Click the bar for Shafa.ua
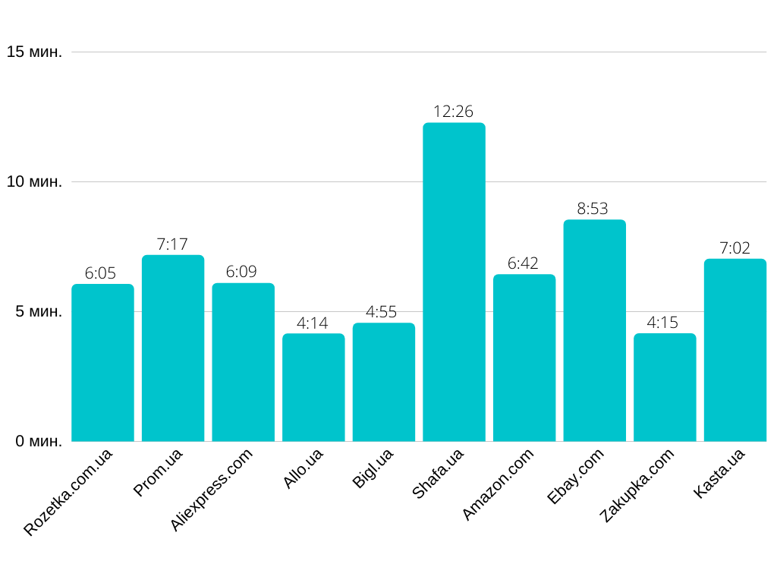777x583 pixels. [x=454, y=282]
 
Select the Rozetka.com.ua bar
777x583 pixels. [x=102, y=362]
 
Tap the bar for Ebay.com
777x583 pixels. [x=594, y=330]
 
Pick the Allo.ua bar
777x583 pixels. [x=313, y=387]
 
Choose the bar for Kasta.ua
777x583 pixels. [x=735, y=350]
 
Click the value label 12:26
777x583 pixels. [x=454, y=112]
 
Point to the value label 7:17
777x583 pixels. [x=172, y=244]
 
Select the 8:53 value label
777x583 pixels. [x=593, y=209]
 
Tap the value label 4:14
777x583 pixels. [x=313, y=323]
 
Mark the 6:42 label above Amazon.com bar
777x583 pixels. [x=524, y=263]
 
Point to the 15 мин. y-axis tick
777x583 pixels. [x=34, y=52]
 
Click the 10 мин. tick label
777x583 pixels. [x=34, y=182]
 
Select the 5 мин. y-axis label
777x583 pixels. [x=38, y=312]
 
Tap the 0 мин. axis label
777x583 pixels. [x=38, y=441]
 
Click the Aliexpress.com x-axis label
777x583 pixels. [x=211, y=490]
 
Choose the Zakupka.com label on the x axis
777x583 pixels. [x=636, y=486]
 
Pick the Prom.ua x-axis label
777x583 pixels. [x=158, y=473]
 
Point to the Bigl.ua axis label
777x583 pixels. [x=373, y=469]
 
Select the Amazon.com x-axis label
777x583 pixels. [x=498, y=484]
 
